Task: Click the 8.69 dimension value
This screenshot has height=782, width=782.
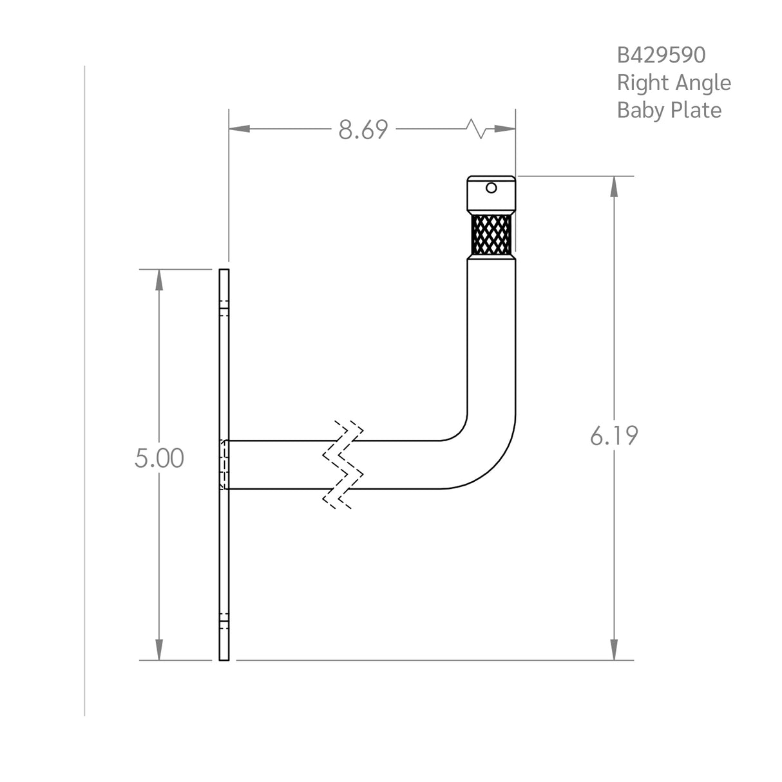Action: click(363, 130)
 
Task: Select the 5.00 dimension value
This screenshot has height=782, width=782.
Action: click(159, 459)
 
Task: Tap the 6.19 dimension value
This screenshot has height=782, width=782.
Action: click(614, 436)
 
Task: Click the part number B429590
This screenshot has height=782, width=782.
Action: click(661, 55)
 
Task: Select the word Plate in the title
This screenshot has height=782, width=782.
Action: click(696, 110)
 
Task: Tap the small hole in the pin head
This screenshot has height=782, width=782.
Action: click(491, 188)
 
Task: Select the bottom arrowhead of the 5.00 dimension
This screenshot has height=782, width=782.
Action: click(159, 649)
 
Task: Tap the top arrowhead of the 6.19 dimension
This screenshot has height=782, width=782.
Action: click(614, 186)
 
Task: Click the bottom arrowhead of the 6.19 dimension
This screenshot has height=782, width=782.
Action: click(614, 649)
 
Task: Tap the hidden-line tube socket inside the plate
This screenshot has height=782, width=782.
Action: click(224, 465)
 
